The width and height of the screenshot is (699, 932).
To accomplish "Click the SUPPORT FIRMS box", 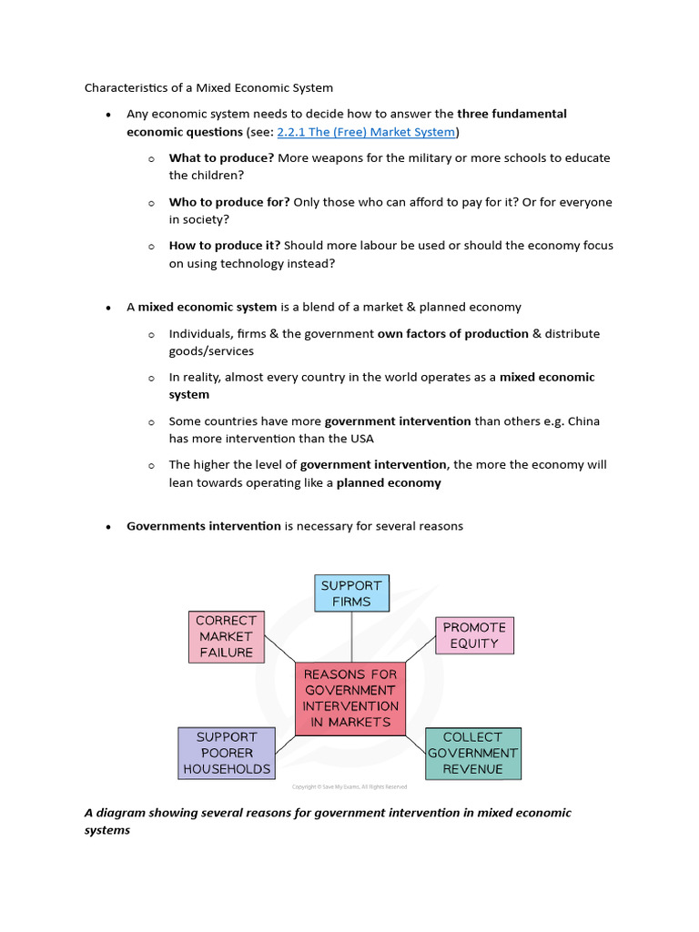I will (351, 593).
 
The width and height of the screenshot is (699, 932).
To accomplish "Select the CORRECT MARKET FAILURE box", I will (226, 636).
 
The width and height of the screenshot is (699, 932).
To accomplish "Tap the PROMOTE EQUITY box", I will (474, 634).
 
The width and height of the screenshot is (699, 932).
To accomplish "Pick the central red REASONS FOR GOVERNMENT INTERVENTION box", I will (350, 698).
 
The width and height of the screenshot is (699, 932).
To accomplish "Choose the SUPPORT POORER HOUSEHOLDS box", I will (227, 753).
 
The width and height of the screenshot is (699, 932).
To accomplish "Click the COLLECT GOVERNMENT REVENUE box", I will (473, 753).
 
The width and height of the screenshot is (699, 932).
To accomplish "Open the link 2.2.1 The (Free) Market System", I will (366, 132).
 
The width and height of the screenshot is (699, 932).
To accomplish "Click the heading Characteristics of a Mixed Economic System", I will (208, 88).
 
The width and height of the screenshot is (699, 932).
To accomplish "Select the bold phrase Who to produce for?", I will (229, 202).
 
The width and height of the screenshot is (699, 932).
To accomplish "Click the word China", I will (582, 421).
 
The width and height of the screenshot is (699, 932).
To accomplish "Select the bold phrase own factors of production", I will (452, 334).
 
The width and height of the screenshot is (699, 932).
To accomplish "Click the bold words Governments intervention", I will (204, 526).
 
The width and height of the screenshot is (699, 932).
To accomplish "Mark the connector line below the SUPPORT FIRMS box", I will (351, 636).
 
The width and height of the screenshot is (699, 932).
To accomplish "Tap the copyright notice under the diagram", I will (349, 786).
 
